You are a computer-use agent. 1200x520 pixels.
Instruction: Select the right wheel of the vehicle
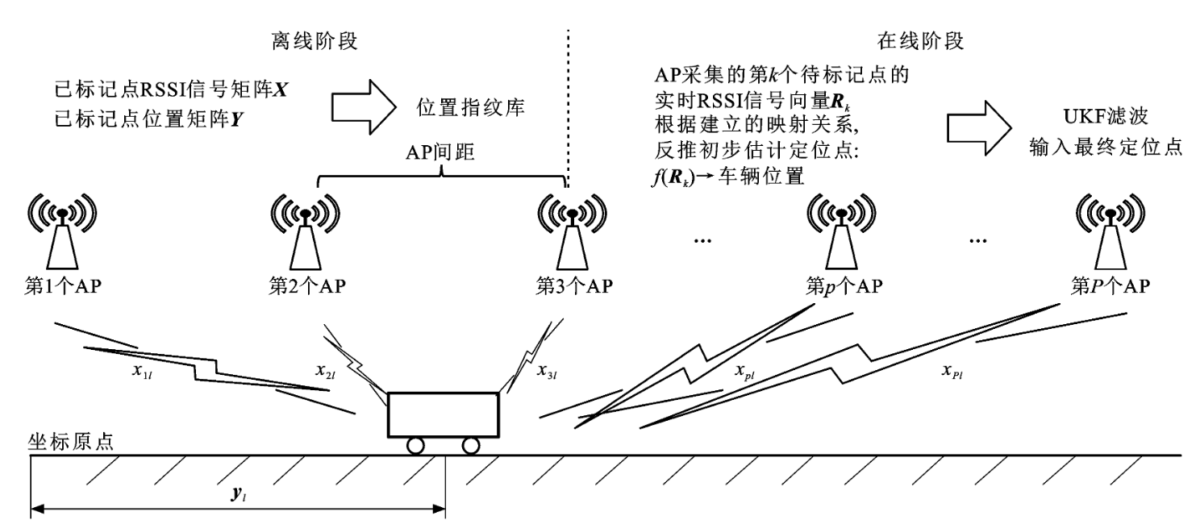click(470, 445)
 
